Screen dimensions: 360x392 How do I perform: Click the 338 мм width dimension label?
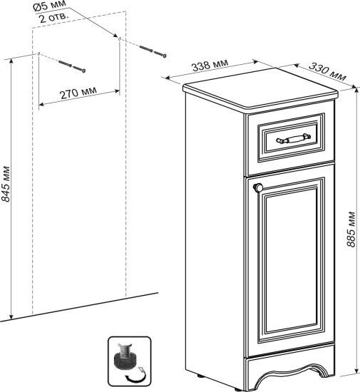click(210, 65)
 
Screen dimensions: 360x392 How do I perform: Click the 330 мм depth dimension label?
click(327, 71)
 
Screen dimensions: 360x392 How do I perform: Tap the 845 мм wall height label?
click(6, 183)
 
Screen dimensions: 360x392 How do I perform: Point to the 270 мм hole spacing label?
click(78, 93)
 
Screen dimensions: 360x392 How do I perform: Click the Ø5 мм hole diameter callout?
click(50, 6)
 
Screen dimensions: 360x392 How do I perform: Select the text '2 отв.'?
click(53, 18)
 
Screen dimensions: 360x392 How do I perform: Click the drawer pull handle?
click(293, 138)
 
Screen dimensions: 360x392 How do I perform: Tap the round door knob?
click(258, 187)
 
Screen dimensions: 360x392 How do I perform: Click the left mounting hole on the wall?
click(38, 53)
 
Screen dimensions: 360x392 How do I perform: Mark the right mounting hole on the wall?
click(120, 38)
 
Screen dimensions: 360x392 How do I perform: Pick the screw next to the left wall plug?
click(79, 69)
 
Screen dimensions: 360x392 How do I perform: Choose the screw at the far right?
click(160, 54)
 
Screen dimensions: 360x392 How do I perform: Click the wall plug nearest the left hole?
click(65, 63)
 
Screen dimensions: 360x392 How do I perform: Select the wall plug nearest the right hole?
click(146, 48)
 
